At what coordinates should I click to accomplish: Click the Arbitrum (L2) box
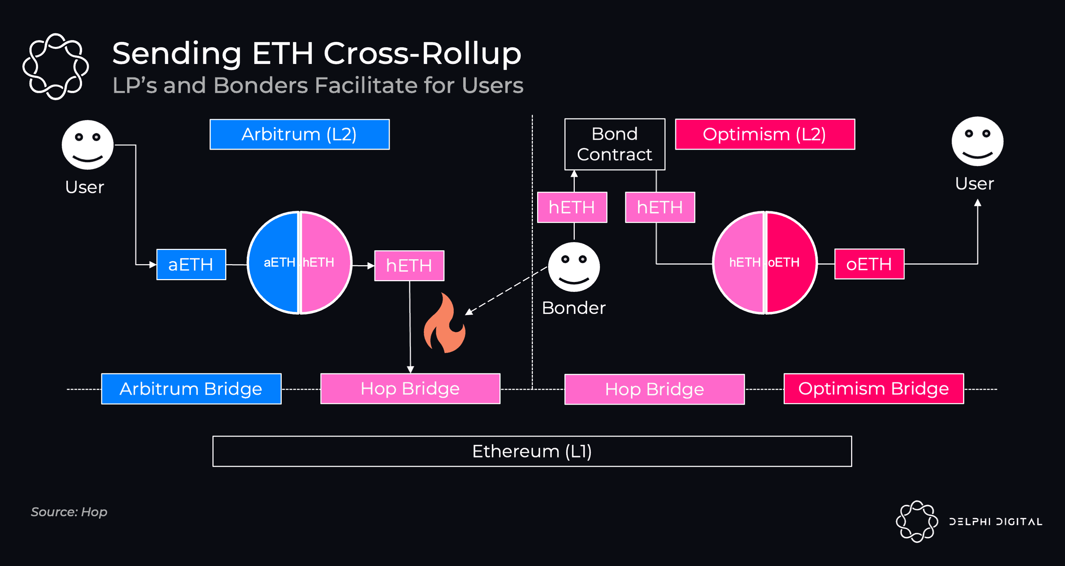tap(299, 134)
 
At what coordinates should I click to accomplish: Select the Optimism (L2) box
tap(764, 134)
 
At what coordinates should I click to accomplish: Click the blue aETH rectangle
tap(191, 265)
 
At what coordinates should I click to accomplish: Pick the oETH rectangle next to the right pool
tap(869, 264)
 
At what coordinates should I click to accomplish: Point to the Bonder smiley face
tap(573, 267)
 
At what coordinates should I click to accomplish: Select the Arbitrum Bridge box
tap(191, 389)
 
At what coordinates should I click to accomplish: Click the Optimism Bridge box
tap(873, 389)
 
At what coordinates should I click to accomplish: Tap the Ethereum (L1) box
tap(532, 451)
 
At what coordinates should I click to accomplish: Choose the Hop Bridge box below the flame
tap(410, 389)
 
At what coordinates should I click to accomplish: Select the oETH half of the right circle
tap(790, 263)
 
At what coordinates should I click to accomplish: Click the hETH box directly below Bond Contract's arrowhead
tap(572, 207)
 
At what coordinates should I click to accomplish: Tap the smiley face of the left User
tap(88, 145)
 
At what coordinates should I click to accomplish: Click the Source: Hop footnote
tap(69, 512)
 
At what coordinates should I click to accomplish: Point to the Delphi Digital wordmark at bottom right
tap(995, 521)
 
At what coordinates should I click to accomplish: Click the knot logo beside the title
tap(55, 66)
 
